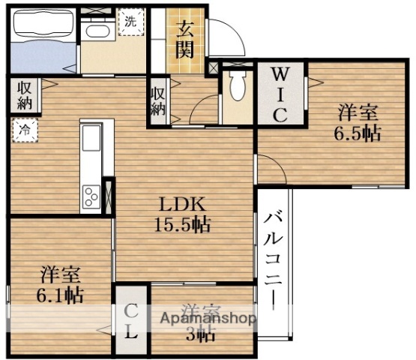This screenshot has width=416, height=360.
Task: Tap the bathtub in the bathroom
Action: click(x=43, y=25)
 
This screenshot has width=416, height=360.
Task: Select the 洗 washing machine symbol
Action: click(x=130, y=22)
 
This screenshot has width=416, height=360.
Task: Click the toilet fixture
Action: click(x=238, y=86)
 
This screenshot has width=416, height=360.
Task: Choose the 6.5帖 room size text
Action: click(x=357, y=133)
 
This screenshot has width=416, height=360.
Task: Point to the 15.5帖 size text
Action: click(x=182, y=223)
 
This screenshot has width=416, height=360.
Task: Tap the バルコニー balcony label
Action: click(x=273, y=259)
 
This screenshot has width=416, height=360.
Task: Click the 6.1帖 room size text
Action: click(x=60, y=294)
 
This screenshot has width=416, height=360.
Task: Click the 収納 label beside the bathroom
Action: click(x=24, y=94)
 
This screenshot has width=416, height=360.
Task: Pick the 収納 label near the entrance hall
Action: click(x=158, y=101)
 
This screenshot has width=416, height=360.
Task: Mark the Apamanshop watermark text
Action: click(x=206, y=318)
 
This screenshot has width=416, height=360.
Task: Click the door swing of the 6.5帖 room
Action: click(x=271, y=169)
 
